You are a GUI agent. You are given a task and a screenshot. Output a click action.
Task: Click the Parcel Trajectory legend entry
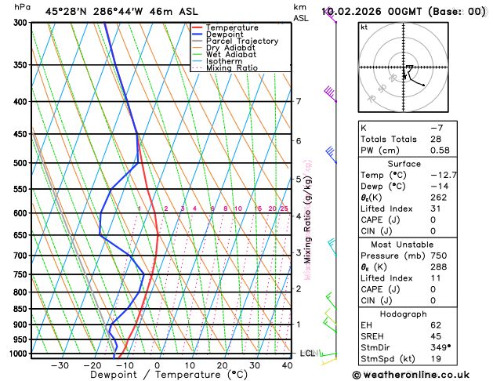[x=241, y=41]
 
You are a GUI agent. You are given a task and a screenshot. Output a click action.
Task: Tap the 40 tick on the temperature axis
[x=288, y=365]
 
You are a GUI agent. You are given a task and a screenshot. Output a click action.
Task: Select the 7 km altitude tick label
[x=299, y=101]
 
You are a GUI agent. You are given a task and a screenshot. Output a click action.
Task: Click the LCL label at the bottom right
[x=307, y=354]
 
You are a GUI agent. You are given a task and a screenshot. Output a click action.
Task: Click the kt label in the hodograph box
[x=364, y=27]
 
